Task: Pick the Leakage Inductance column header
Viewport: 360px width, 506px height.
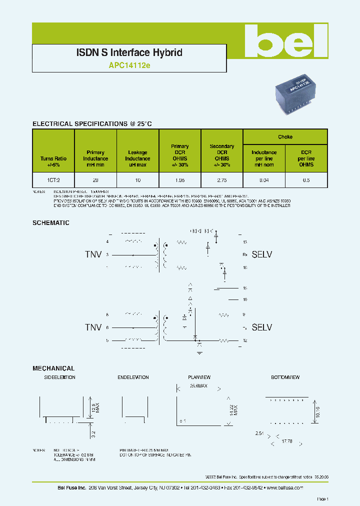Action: [x=137, y=158]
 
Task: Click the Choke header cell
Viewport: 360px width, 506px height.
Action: [x=285, y=137]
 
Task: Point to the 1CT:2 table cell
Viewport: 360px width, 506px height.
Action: [x=53, y=179]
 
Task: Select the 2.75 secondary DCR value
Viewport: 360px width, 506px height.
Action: [x=222, y=179]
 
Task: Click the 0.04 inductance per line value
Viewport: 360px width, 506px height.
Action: [x=264, y=179]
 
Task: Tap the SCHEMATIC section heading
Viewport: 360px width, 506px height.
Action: [x=51, y=223]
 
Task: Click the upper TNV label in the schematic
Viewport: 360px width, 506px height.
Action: [x=93, y=254]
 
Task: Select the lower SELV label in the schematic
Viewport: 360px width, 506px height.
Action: [x=261, y=327]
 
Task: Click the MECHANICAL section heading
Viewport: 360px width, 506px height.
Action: [x=53, y=368]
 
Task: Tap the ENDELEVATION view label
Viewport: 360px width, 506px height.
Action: [x=133, y=377]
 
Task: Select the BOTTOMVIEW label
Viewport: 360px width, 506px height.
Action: [x=285, y=377]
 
